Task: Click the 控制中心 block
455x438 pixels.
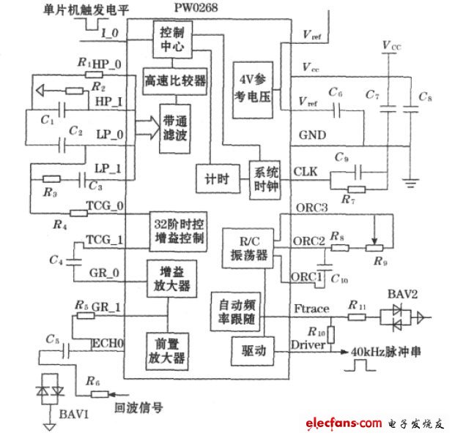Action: [172, 39]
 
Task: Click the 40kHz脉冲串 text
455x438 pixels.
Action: [388, 349]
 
